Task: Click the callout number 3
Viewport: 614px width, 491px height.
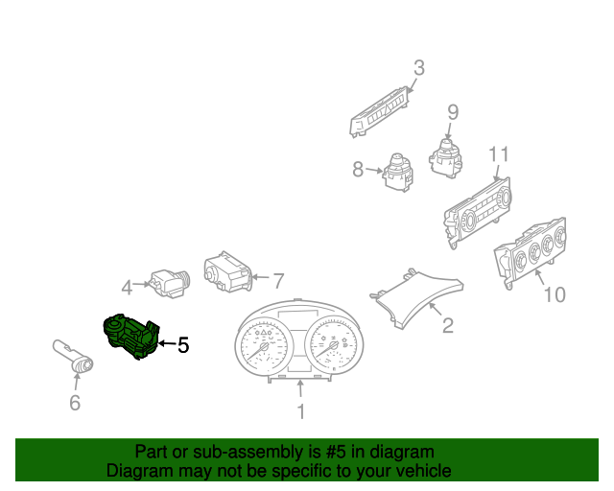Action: click(x=418, y=67)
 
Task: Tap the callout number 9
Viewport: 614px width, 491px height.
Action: click(x=453, y=112)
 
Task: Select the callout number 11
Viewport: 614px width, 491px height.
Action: click(x=498, y=154)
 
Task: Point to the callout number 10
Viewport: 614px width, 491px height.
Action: click(x=555, y=294)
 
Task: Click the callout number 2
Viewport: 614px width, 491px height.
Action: click(x=447, y=326)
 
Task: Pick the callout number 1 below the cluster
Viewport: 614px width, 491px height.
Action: click(x=300, y=412)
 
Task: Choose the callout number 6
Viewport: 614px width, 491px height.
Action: click(x=75, y=403)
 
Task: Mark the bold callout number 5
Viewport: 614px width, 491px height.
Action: click(x=182, y=344)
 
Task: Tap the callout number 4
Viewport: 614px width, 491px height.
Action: click(x=126, y=286)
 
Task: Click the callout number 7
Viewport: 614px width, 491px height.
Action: click(x=278, y=281)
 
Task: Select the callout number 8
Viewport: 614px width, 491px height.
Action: click(x=358, y=170)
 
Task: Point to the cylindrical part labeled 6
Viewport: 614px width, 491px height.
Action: click(x=72, y=356)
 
